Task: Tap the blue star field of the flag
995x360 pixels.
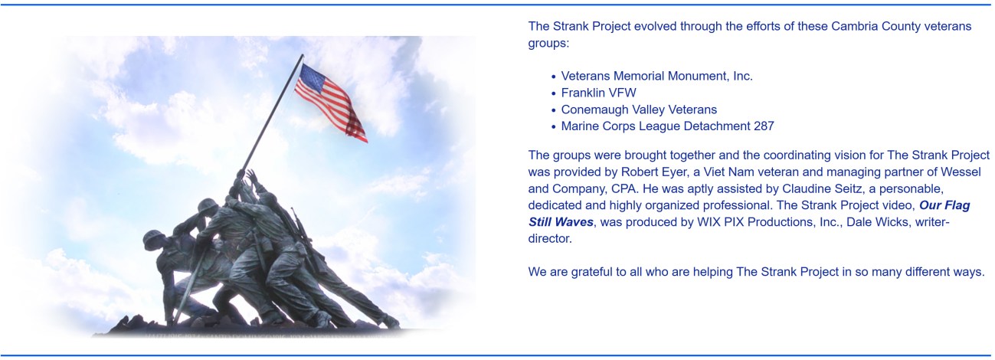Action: click(313, 78)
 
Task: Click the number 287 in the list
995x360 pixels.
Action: click(764, 126)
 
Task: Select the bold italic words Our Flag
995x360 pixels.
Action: click(944, 205)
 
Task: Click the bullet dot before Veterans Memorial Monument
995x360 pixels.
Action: click(554, 77)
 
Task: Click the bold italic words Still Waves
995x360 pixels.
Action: click(561, 222)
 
